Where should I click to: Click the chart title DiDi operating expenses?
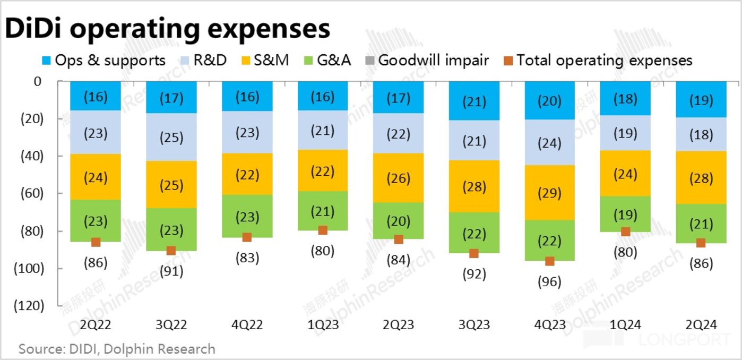coord(167,29)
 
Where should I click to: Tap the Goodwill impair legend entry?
coord(426,60)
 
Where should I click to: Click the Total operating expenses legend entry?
coord(597,60)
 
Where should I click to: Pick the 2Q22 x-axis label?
coord(96,325)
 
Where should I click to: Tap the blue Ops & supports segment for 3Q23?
coord(474,101)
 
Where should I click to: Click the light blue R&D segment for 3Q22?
coord(171,138)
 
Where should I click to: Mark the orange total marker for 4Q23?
coord(550,261)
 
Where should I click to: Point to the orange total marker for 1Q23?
coord(322,230)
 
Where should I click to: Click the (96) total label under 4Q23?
coord(549,281)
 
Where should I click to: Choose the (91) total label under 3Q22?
coord(171,271)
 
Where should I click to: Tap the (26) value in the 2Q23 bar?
coord(398,178)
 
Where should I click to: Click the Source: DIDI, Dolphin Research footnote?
coord(117,349)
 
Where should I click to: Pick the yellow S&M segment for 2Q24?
coord(701,178)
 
